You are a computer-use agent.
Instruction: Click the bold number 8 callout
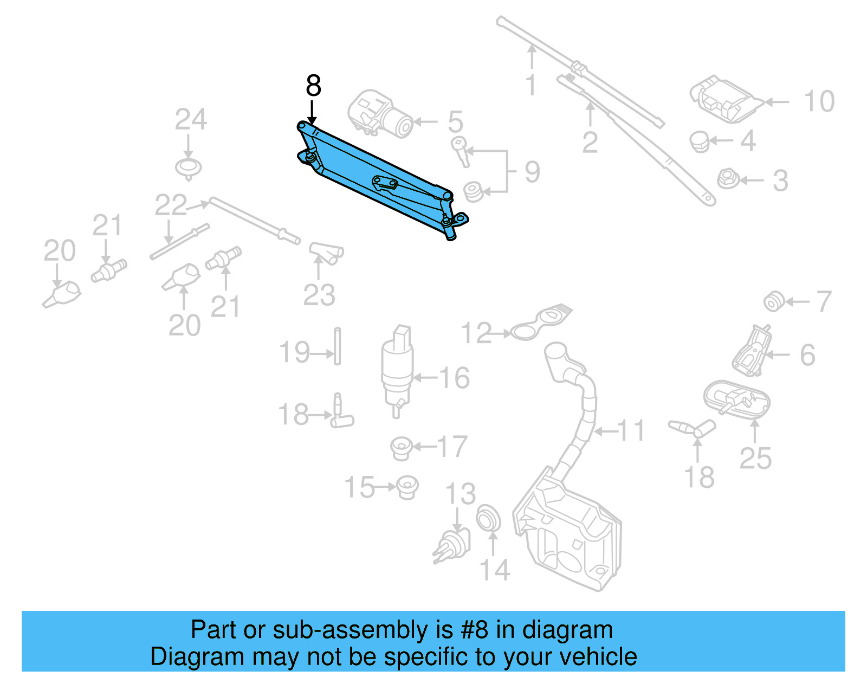[x=313, y=86]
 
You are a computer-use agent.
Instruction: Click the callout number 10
[x=819, y=102]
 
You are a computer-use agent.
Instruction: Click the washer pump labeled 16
[x=397, y=369]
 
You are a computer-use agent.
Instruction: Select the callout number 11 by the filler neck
[x=631, y=431]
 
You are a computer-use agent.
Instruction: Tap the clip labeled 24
[x=189, y=167]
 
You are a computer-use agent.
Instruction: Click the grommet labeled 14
[x=488, y=519]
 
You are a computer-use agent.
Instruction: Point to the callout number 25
[x=755, y=459]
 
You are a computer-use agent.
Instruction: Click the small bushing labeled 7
[x=773, y=301]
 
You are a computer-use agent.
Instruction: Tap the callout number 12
[x=476, y=333]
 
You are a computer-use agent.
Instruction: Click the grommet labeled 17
[x=402, y=448]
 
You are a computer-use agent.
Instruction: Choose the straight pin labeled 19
[x=337, y=346]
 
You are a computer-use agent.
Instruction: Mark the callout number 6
[x=807, y=355]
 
